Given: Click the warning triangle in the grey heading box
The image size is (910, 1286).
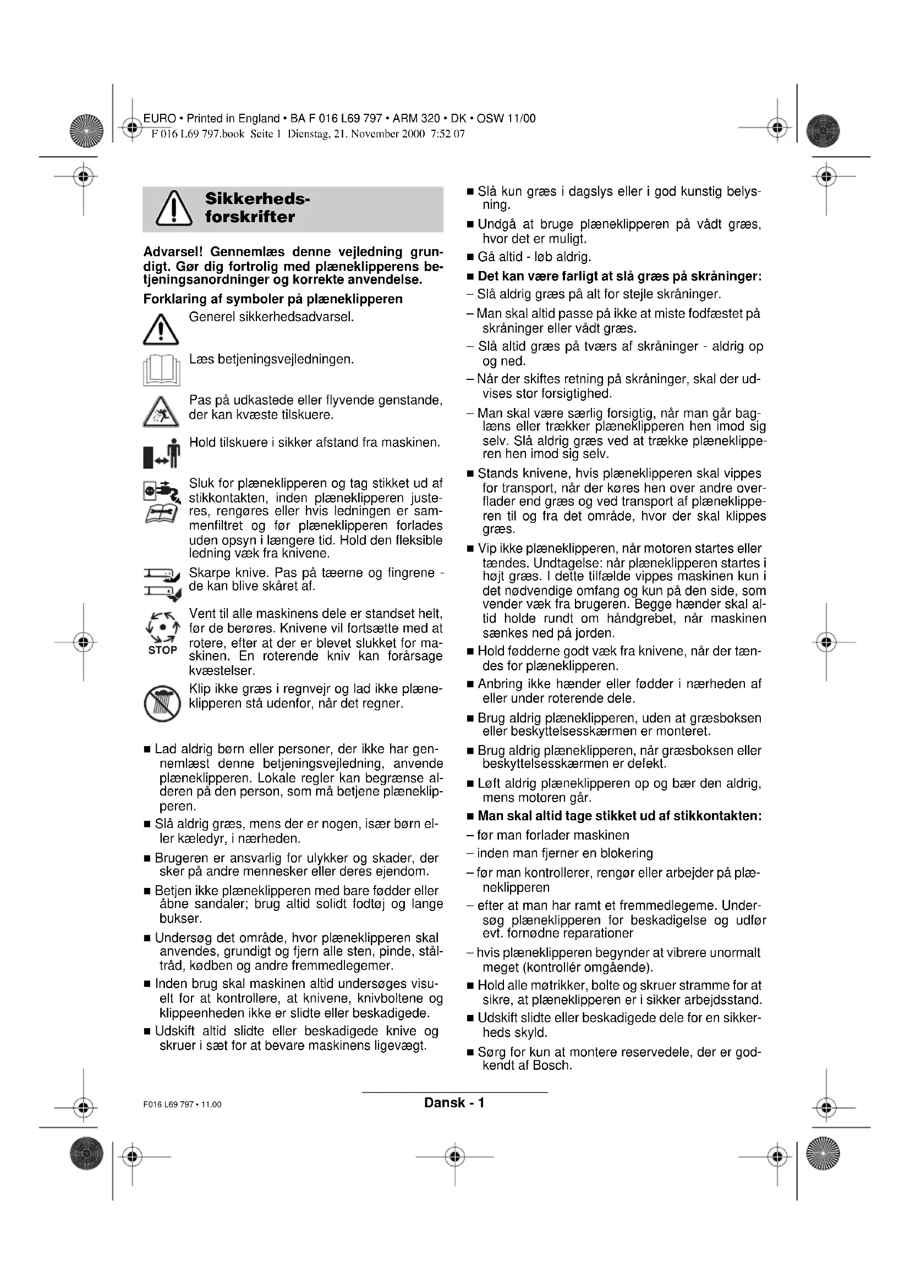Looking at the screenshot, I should [174, 208].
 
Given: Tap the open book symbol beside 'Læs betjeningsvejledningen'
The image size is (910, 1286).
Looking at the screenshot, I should [161, 370].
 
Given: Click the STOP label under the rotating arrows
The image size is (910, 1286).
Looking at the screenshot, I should [162, 650].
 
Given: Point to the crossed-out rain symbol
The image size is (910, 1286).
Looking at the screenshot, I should [162, 704].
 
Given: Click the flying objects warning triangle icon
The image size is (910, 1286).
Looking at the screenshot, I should [161, 412].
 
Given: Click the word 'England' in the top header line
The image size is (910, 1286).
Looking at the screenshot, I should [259, 119].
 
